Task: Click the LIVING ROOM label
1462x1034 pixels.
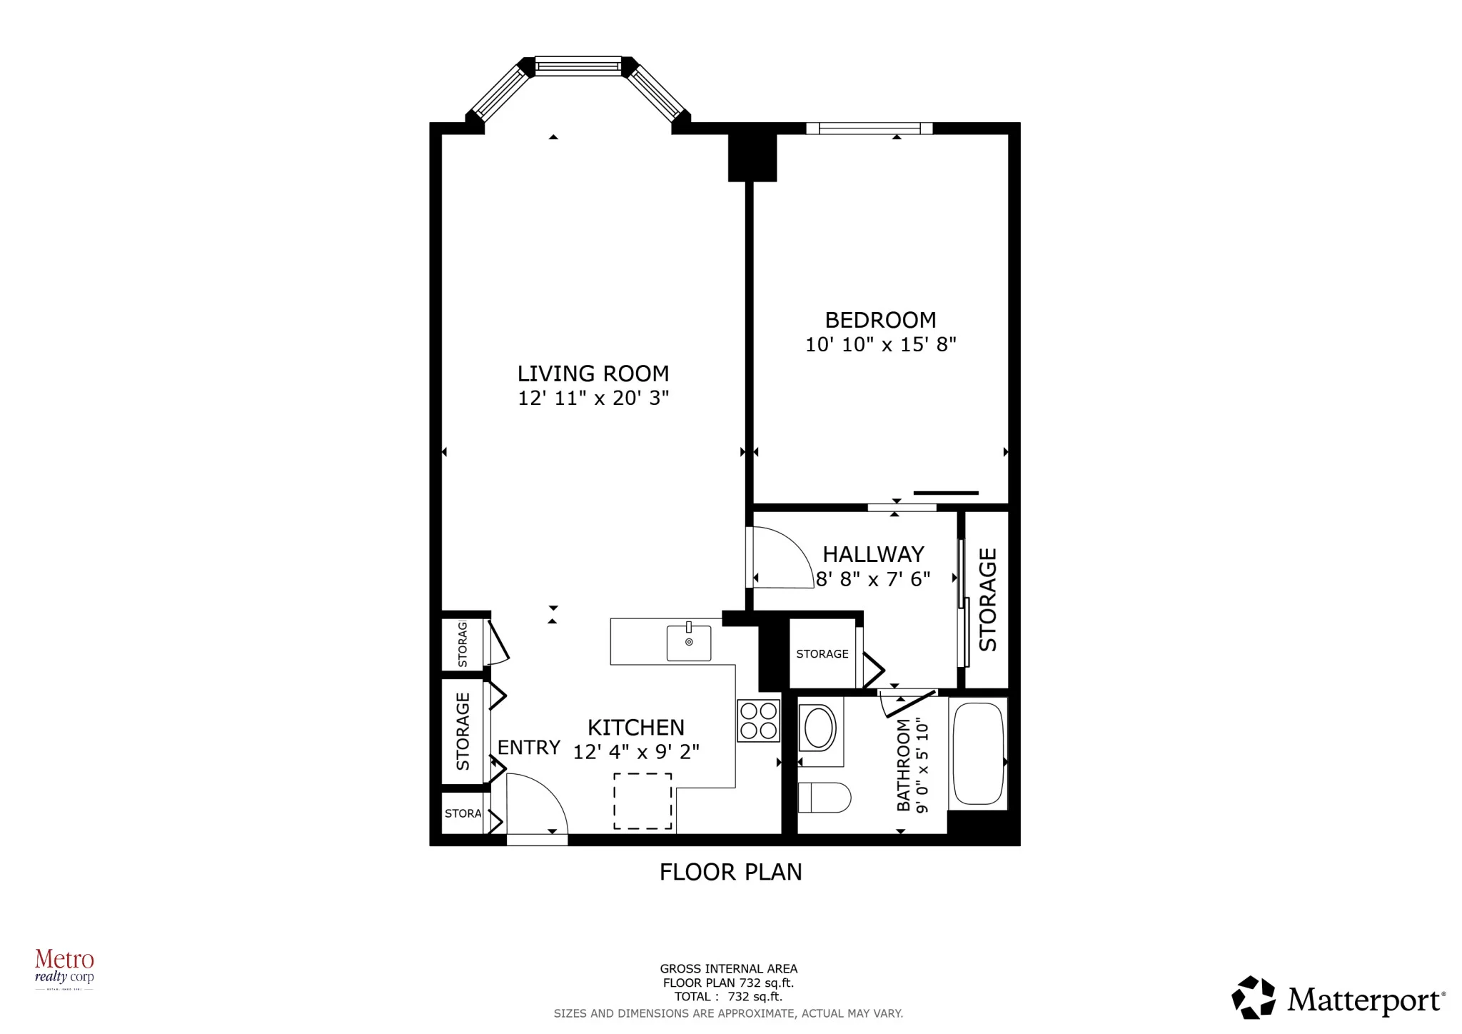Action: (593, 373)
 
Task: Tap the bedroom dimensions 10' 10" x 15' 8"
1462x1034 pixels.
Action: (880, 345)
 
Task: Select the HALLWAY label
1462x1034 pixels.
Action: (873, 554)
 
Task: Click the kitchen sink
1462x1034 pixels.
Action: (689, 643)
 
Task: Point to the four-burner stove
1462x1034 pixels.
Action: (758, 721)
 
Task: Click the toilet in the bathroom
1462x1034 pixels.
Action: (824, 798)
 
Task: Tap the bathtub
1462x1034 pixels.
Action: (977, 753)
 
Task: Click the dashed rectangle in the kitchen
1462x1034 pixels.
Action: (642, 801)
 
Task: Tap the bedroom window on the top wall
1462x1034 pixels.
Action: (869, 129)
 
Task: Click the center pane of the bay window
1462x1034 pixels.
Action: (578, 66)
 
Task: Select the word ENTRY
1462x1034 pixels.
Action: (528, 748)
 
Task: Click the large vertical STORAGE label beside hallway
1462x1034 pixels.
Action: (987, 599)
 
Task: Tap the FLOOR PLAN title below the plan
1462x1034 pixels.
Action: (730, 872)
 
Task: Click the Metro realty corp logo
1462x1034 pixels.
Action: (64, 968)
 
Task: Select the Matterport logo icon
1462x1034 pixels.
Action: (1254, 997)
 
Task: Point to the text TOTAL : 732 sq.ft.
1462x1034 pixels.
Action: (728, 996)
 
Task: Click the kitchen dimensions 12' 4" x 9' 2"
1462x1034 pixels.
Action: (636, 752)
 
